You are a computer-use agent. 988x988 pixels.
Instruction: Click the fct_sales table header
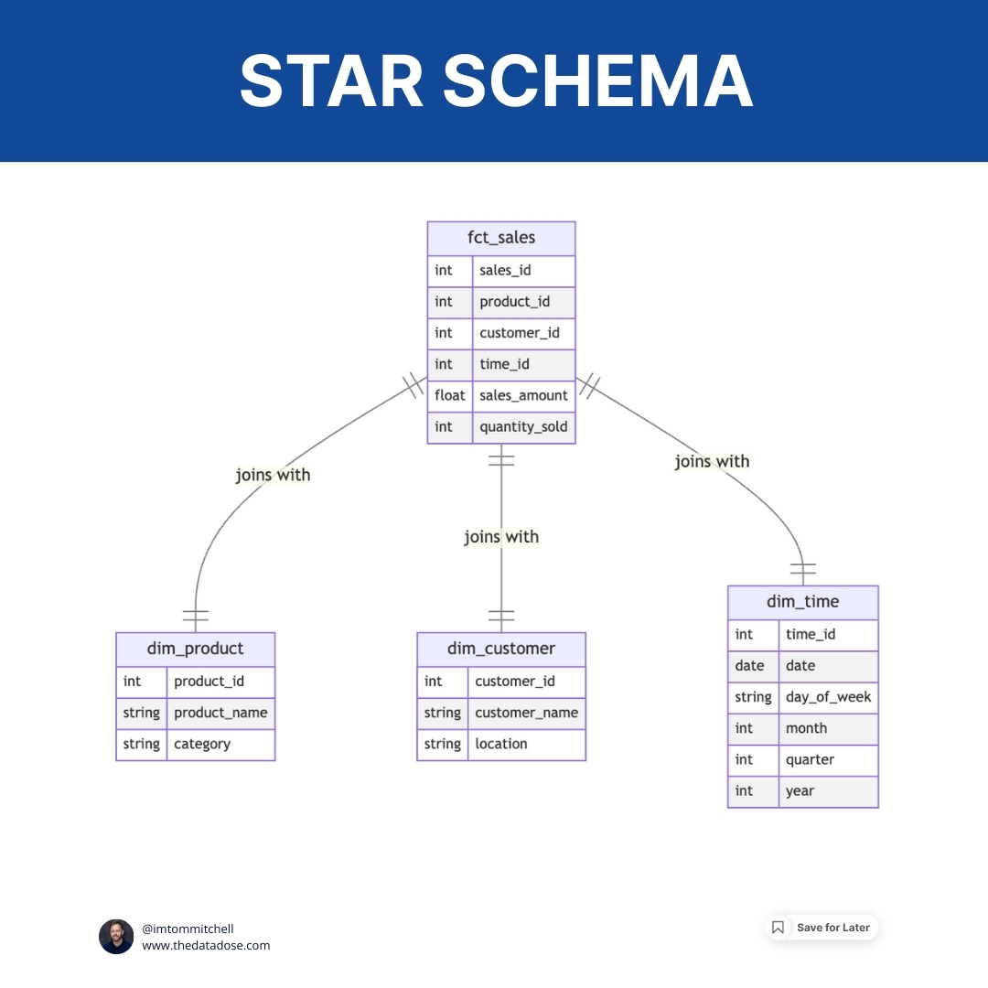(x=501, y=238)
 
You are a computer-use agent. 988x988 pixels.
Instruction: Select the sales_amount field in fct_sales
(x=523, y=395)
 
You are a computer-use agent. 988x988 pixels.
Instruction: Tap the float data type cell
(x=450, y=395)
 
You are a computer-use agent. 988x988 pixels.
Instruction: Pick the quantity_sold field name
(x=523, y=426)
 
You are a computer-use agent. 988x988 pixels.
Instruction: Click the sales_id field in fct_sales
(x=505, y=270)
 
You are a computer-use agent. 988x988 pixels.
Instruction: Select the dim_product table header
(x=195, y=649)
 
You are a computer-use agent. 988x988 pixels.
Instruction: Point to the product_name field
(x=220, y=713)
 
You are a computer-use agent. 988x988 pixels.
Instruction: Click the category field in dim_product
(x=202, y=744)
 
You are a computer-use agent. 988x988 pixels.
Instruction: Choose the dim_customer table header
(x=501, y=649)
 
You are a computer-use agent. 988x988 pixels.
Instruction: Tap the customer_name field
(x=526, y=713)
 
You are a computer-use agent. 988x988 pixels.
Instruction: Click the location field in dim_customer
(x=501, y=744)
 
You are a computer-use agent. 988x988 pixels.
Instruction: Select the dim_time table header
(x=802, y=602)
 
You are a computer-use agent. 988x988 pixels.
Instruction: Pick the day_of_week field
(x=828, y=697)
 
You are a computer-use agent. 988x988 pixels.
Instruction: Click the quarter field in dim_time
(x=810, y=759)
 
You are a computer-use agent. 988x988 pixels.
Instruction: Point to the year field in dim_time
(x=800, y=790)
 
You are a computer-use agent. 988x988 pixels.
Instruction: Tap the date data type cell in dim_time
(x=749, y=666)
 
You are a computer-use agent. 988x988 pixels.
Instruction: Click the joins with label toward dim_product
(x=273, y=475)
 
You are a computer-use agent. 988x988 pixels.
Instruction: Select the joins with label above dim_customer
(x=501, y=537)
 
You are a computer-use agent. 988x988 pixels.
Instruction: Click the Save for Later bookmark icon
(x=778, y=928)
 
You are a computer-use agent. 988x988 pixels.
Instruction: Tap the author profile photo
(x=116, y=937)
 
